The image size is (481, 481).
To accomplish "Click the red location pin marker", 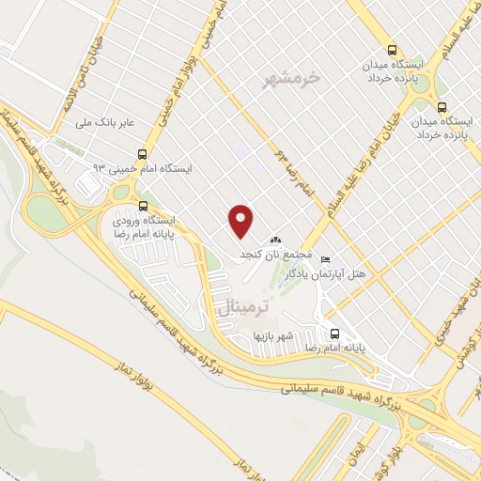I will point(241,222).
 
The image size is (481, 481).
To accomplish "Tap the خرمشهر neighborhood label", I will point(308,79).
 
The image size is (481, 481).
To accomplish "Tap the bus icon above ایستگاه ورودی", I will point(143,207).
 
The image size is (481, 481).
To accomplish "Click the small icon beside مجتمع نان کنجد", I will point(276,240).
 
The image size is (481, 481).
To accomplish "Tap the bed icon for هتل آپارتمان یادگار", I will point(325,258).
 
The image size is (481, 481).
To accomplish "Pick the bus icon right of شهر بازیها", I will point(335,333).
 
